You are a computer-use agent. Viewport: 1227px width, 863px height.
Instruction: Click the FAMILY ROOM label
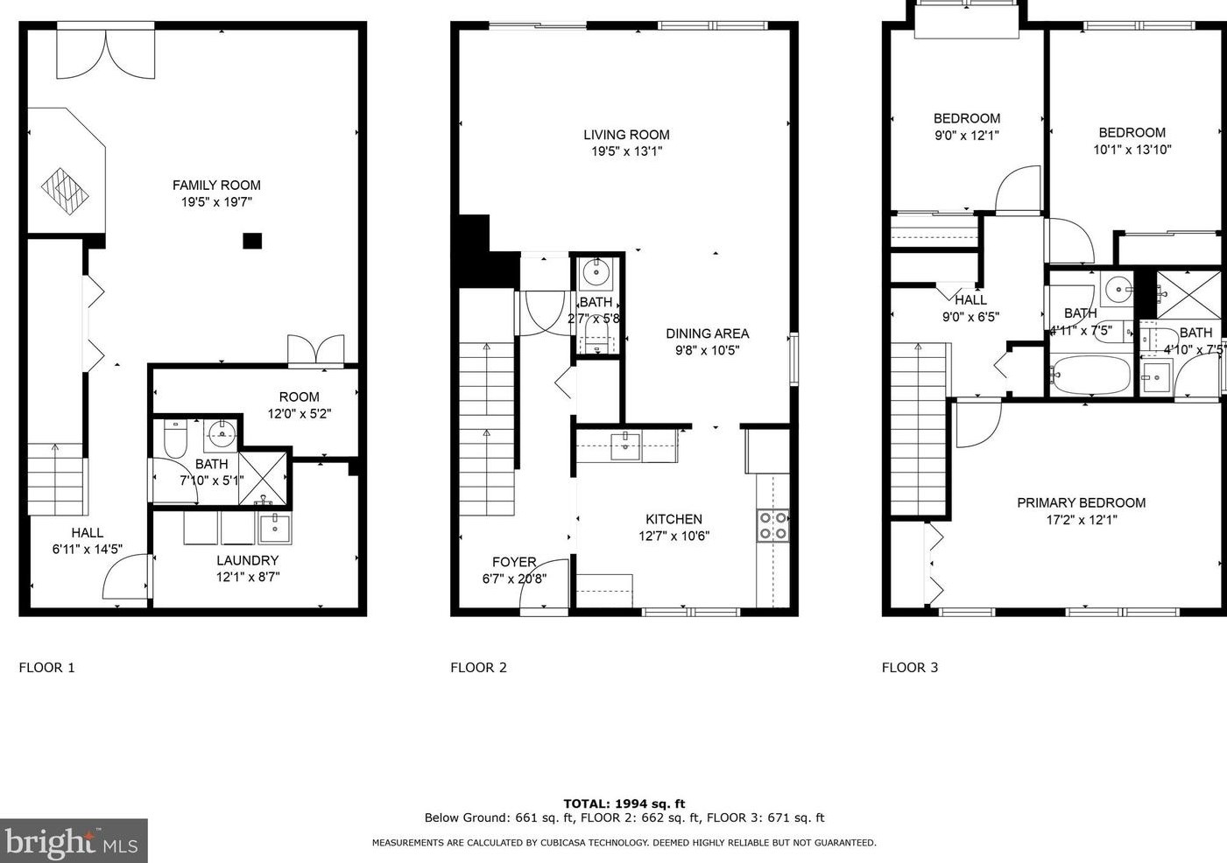pyautogui.click(x=216, y=185)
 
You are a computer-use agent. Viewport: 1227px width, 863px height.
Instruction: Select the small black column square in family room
pyautogui.click(x=252, y=241)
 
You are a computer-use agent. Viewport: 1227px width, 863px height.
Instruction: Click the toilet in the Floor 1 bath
pyautogui.click(x=176, y=439)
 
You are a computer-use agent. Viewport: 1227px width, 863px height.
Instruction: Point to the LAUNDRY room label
pyautogui.click(x=248, y=560)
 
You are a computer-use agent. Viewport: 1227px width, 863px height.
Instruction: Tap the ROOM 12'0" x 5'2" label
pyautogui.click(x=299, y=404)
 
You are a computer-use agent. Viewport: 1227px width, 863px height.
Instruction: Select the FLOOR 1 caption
pyautogui.click(x=46, y=668)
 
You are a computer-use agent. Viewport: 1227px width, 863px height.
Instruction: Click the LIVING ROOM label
pyautogui.click(x=626, y=135)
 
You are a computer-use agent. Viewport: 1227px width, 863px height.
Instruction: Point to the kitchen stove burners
pyautogui.click(x=773, y=526)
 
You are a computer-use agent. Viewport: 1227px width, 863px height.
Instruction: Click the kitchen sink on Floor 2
pyautogui.click(x=626, y=446)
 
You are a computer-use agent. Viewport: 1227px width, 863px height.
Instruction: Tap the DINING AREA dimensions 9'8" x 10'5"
pyautogui.click(x=707, y=350)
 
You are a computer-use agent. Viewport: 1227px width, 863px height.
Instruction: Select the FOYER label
pyautogui.click(x=514, y=562)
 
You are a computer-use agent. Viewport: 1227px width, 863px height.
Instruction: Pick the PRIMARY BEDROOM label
pyautogui.click(x=1082, y=502)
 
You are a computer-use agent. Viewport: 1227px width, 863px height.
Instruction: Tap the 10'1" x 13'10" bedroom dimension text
pyautogui.click(x=1132, y=150)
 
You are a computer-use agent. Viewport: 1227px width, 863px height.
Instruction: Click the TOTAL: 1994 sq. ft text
pyautogui.click(x=624, y=803)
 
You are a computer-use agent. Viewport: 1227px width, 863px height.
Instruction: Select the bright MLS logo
pyautogui.click(x=74, y=840)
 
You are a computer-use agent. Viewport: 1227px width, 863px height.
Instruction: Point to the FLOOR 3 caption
pyautogui.click(x=910, y=668)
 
